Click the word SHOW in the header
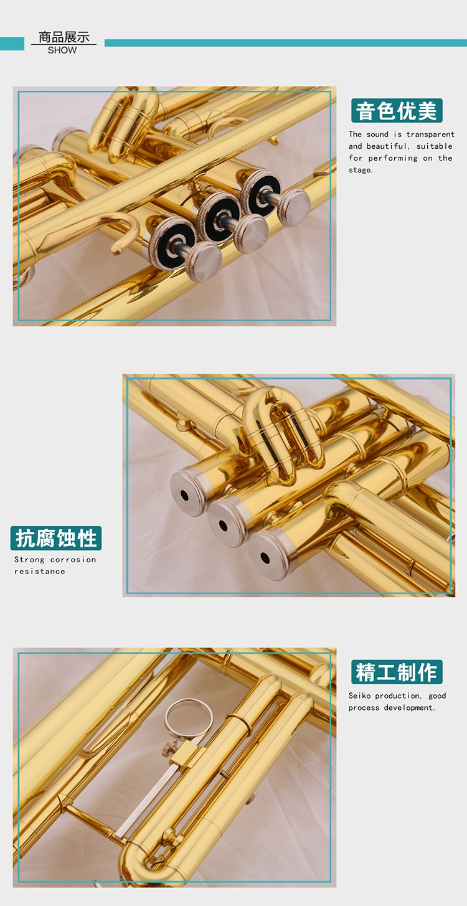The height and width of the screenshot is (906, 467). coord(62,50)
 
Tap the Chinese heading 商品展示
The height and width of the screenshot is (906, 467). coord(64,37)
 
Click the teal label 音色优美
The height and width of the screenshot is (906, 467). coord(397,110)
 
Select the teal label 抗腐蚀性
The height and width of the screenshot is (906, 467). coord(56,538)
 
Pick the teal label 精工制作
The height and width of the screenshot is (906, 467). coord(397,672)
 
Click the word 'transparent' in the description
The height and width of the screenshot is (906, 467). coord(430,134)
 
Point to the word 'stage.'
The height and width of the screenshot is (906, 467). coord(361,170)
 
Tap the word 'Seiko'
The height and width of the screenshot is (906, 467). coord(359,696)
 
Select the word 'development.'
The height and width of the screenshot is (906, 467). coord(410,707)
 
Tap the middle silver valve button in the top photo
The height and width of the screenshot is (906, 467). coord(252,234)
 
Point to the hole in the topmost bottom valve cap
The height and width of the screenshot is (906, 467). coord(184,495)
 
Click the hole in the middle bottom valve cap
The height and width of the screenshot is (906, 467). coord(223,526)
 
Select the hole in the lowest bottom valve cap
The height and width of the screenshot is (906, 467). coord(265,558)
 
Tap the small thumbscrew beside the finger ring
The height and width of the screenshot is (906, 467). coord(169,748)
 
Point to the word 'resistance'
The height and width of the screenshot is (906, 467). coord(40,571)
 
